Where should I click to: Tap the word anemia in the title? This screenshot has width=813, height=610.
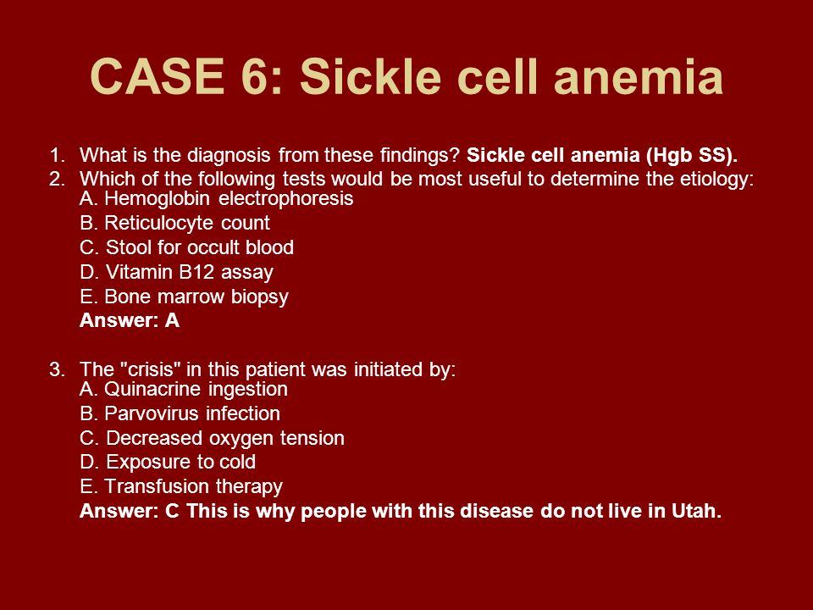[x=639, y=76]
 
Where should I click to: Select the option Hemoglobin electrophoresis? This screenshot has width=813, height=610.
[x=216, y=198]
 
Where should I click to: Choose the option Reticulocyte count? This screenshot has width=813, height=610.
[x=174, y=223]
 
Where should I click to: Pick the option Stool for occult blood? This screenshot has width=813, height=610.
[x=186, y=247]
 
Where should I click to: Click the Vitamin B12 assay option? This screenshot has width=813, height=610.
[x=176, y=272]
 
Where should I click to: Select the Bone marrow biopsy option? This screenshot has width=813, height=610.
[x=184, y=297]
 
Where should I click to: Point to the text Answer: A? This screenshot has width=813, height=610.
[x=130, y=320]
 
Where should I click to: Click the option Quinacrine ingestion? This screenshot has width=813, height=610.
[x=184, y=389]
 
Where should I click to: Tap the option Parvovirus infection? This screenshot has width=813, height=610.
[x=180, y=413]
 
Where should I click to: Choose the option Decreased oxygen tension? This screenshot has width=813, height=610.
[x=212, y=438]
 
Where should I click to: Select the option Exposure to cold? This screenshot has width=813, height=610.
[x=168, y=462]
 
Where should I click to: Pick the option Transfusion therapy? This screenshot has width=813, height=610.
[x=181, y=486]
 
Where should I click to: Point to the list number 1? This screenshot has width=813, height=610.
[x=57, y=155]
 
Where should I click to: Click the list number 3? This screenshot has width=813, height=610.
[x=57, y=370]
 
